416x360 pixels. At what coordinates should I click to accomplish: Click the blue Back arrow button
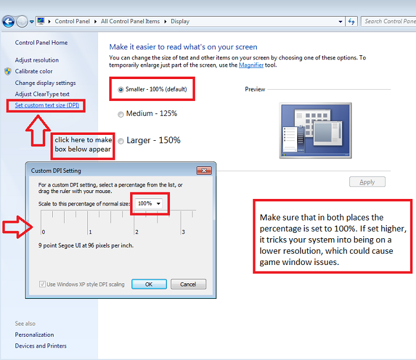click(x=8, y=21)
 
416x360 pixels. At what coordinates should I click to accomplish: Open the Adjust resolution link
click(x=37, y=60)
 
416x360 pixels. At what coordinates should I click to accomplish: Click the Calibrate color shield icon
click(x=8, y=71)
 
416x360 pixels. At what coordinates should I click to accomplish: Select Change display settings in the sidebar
click(x=45, y=83)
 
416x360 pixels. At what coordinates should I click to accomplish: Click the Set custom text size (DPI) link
click(x=47, y=105)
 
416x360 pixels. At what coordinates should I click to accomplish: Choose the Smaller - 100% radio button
click(x=121, y=90)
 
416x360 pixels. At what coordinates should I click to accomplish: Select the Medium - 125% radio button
click(x=121, y=114)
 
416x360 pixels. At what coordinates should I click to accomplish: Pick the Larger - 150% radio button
click(x=121, y=141)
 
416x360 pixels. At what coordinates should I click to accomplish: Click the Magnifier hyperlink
click(x=251, y=65)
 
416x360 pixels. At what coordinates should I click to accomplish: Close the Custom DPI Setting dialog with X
click(x=204, y=170)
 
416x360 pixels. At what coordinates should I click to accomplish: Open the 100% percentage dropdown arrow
click(x=159, y=204)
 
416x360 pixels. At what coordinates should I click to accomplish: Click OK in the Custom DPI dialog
click(x=149, y=284)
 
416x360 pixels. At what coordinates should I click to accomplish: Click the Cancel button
click(x=188, y=284)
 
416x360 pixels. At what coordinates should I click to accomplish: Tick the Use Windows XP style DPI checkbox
click(x=42, y=284)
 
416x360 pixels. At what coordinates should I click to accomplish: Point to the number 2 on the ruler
click(x=137, y=232)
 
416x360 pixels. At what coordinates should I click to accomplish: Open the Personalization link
click(x=34, y=335)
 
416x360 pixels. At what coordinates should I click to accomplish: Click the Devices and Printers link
click(x=40, y=346)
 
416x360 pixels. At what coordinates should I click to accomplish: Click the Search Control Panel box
click(x=389, y=21)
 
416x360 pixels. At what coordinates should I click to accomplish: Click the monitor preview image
click(x=316, y=131)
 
